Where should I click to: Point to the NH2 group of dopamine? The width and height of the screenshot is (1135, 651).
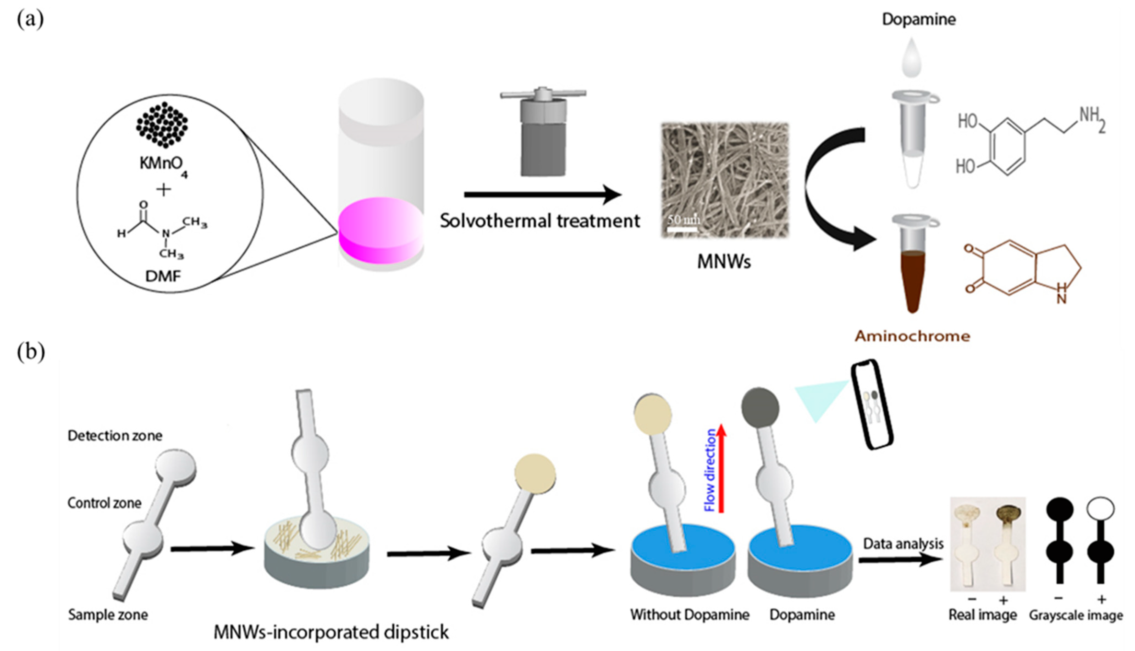[x=1092, y=118]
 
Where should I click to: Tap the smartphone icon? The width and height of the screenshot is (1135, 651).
[x=871, y=405]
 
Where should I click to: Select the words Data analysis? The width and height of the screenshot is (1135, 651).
[x=903, y=544]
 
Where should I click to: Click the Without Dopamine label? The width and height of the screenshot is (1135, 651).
[x=689, y=615]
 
